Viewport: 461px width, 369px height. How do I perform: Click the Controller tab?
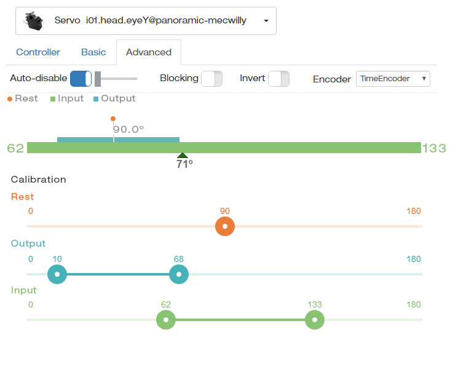click(x=38, y=52)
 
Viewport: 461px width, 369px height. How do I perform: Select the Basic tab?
click(x=93, y=52)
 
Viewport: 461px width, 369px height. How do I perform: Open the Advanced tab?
click(x=149, y=52)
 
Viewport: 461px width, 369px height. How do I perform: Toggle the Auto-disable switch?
click(x=81, y=79)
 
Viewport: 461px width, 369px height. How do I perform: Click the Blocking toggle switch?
click(x=211, y=79)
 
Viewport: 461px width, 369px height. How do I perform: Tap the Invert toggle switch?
click(x=278, y=79)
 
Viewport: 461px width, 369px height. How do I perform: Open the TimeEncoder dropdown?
click(x=393, y=79)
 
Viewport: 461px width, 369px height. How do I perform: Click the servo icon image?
click(x=34, y=20)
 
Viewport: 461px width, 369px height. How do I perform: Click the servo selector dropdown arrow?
click(x=266, y=21)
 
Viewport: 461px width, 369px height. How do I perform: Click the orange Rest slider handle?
click(x=225, y=226)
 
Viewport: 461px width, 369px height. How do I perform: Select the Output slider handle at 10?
click(x=57, y=274)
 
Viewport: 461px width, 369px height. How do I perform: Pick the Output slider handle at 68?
click(x=179, y=274)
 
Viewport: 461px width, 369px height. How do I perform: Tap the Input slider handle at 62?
click(x=166, y=320)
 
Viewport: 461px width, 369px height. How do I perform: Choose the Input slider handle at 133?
click(x=315, y=320)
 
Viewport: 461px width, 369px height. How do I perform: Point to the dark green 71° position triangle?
click(x=183, y=156)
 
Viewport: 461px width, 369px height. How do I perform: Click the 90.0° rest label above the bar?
click(x=128, y=129)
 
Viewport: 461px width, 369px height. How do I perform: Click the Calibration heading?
click(x=39, y=180)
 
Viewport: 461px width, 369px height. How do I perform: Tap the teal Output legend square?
click(x=95, y=99)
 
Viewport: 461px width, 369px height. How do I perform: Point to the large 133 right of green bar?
click(x=434, y=148)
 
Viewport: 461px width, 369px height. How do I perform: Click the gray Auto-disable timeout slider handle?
click(x=98, y=79)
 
